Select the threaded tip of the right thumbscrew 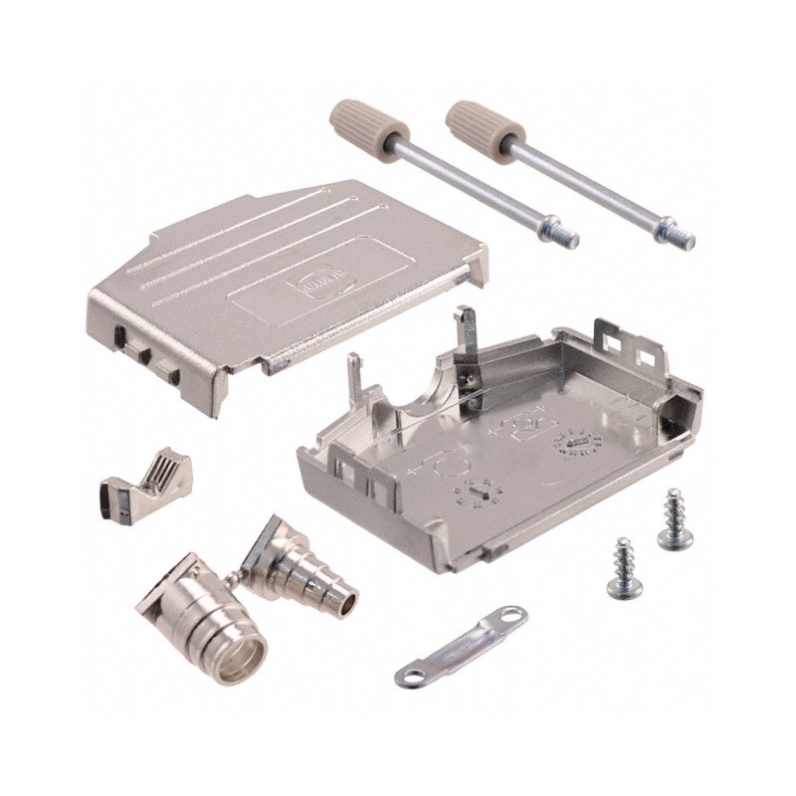click(x=683, y=239)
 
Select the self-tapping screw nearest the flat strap click(x=625, y=568)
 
